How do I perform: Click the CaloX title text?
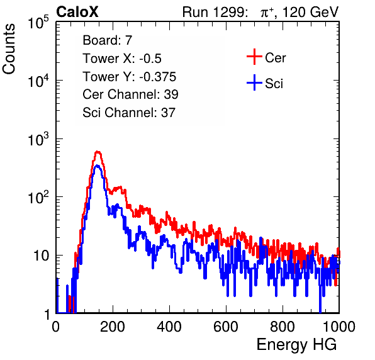[x=77, y=12]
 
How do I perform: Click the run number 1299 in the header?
[x=230, y=12]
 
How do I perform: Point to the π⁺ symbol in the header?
[x=267, y=13]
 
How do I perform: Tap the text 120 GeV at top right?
[x=310, y=12]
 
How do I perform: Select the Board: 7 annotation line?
[x=108, y=40]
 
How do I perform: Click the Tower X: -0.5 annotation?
[x=122, y=59]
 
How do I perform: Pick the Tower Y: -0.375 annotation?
[x=130, y=77]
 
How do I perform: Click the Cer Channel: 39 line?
[x=130, y=94]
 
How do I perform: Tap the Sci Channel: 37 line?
[x=129, y=113]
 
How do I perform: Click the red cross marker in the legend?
[x=254, y=57]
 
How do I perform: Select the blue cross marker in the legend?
[x=254, y=83]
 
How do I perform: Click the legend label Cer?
[x=275, y=58]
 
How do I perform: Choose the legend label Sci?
[x=274, y=84]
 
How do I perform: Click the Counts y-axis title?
[x=9, y=49]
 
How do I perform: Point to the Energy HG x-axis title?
[x=296, y=345]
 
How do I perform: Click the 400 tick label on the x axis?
[x=169, y=327]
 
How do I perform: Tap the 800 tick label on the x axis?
[x=283, y=327]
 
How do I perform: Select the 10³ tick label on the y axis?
[x=39, y=139]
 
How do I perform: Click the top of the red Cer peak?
[x=98, y=152]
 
